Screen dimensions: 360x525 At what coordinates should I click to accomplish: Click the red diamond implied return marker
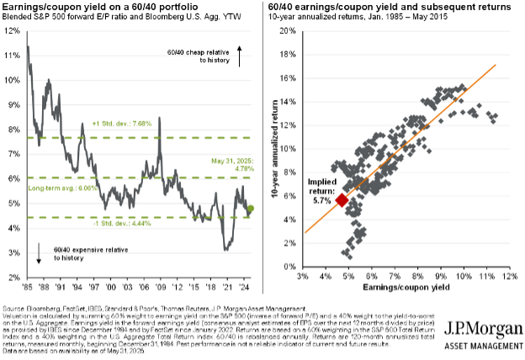pyautogui.click(x=342, y=199)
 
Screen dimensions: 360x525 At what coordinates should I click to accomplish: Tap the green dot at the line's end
pyautogui.click(x=251, y=209)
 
